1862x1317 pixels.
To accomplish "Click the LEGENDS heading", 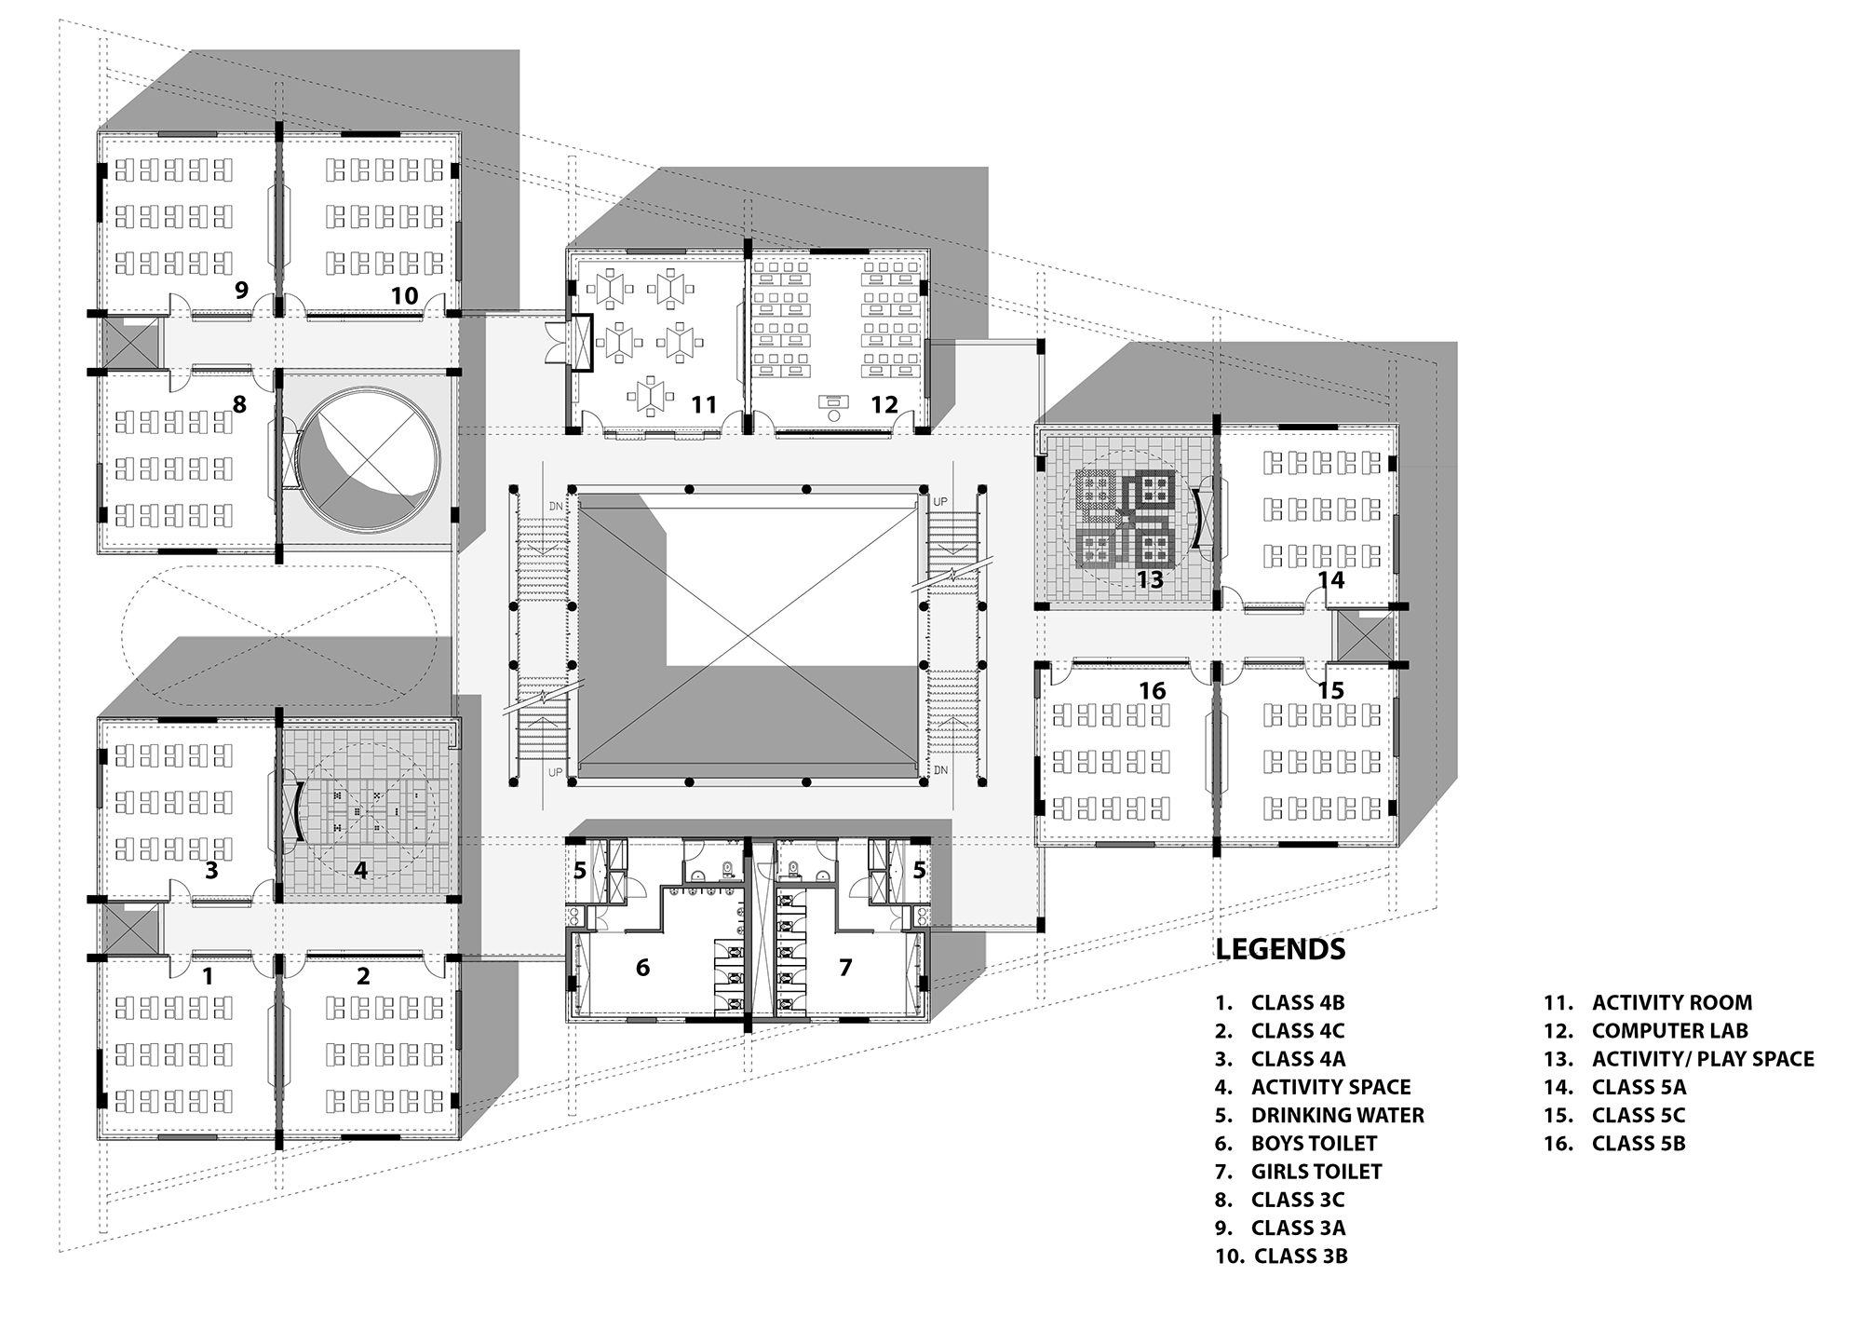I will point(1280,949).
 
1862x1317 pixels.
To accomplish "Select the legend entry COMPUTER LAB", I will point(1669,1031).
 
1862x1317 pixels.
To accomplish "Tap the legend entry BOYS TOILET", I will point(1313,1143).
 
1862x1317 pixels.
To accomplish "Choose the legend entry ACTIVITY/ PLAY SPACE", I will point(1702,1059).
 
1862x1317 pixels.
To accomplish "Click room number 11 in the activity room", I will point(704,404).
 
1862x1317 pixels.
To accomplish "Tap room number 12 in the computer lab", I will point(884,404).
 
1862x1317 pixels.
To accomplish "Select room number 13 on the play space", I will point(1150,580).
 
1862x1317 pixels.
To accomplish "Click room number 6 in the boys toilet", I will point(642,968).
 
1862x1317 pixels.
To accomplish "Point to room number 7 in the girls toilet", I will point(845,968).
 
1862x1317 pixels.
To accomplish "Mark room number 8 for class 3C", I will point(239,404).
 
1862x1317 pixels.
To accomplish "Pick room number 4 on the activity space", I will point(360,871).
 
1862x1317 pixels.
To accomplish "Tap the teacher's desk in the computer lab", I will point(833,402).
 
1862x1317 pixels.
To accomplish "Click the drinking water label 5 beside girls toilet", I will point(919,871).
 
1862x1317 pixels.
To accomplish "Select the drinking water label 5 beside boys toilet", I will point(579,871).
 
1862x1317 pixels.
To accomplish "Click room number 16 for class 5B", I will point(1153,690).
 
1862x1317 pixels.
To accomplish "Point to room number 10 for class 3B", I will point(404,295).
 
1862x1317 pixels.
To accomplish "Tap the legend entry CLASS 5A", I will point(1639,1087).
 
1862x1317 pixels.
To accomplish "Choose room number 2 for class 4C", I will point(363,975).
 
